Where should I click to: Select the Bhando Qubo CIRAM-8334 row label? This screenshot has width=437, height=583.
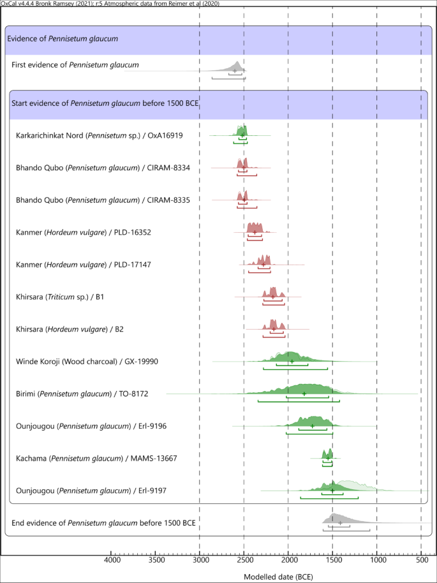(103, 168)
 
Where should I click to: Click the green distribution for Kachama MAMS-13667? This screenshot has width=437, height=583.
(329, 455)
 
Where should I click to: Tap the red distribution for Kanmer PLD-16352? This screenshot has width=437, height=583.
(254, 228)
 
